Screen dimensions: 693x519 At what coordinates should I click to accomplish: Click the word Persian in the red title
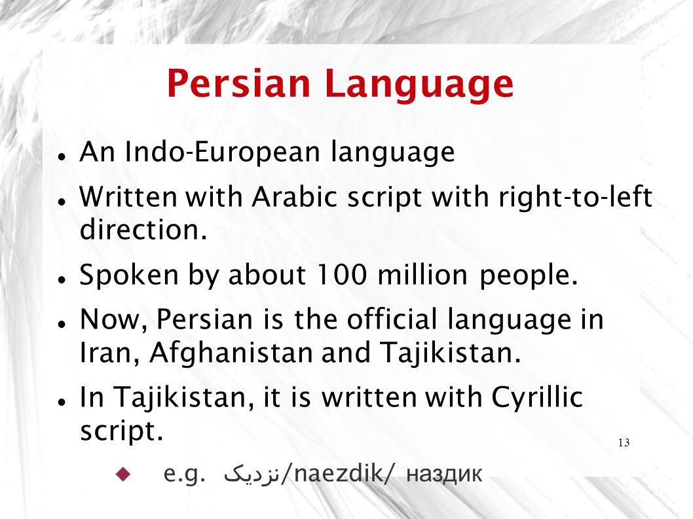tap(238, 83)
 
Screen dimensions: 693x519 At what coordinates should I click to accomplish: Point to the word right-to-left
tap(576, 196)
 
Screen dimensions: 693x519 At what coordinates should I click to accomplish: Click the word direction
tap(143, 229)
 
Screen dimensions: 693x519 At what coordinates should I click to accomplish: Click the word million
tap(422, 274)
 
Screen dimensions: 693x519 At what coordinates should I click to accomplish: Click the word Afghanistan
tap(232, 354)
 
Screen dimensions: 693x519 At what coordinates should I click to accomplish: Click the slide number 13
tap(624, 442)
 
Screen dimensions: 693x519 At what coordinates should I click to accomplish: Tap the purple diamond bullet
tap(123, 474)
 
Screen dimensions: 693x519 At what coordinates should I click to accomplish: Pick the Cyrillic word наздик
tap(443, 475)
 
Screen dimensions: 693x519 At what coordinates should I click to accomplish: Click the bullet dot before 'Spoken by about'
tap(62, 279)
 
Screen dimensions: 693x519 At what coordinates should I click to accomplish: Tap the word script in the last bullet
tap(122, 432)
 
